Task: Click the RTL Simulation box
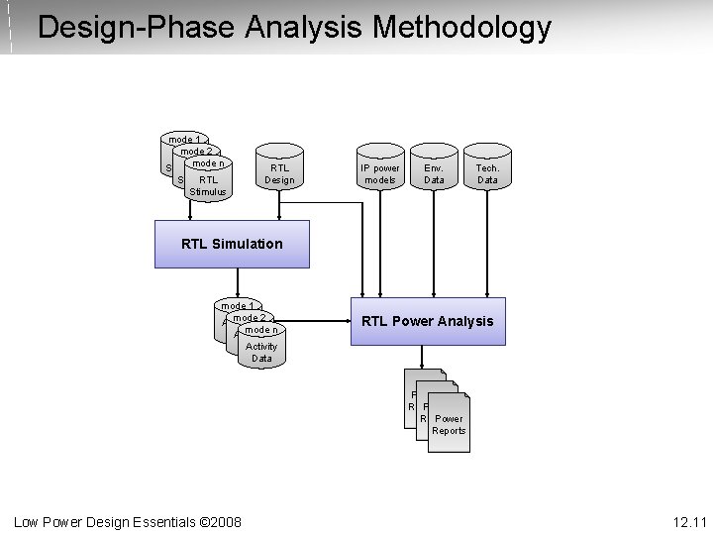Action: coord(232,244)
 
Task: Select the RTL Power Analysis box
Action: coord(427,321)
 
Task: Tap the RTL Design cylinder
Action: coord(279,170)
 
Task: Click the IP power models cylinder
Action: coord(380,170)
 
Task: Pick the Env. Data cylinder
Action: coord(434,170)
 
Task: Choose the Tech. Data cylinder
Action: coord(487,170)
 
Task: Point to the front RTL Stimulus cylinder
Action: coord(208,182)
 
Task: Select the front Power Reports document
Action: coord(449,422)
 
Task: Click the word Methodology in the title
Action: coord(461,27)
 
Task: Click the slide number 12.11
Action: coord(688,521)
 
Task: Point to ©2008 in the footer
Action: coord(220,521)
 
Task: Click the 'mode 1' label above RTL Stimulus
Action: coord(183,139)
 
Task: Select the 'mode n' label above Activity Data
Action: coord(261,330)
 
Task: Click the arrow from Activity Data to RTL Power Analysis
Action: coord(317,321)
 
